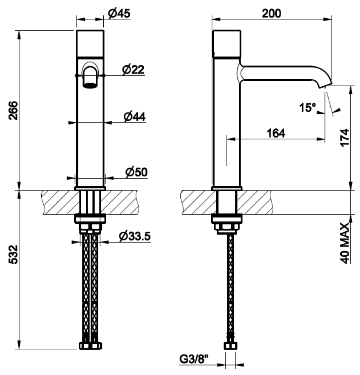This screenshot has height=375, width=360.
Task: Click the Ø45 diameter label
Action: point(119,13)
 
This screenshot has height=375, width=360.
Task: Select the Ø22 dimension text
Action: point(133,70)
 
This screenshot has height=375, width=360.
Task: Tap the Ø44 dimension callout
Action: point(135,117)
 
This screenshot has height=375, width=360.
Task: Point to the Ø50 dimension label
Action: point(136,172)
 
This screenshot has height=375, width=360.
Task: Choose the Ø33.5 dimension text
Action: point(135,236)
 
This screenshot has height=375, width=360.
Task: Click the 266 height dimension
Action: point(13,110)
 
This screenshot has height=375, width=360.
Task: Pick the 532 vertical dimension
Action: point(13,254)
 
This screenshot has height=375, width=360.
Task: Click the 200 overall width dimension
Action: point(272,13)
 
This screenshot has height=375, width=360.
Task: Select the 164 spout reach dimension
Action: point(276,133)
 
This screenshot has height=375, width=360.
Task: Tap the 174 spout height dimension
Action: point(345,137)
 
